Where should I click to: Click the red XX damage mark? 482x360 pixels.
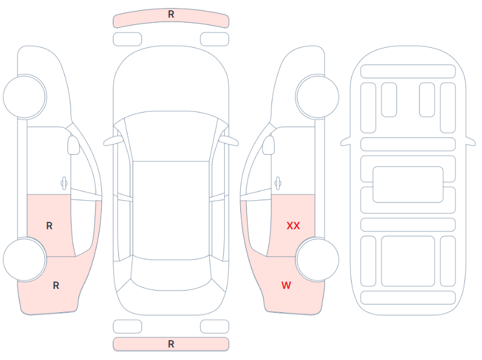293,226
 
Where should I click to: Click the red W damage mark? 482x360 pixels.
286,285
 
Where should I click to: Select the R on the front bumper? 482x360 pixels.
171,14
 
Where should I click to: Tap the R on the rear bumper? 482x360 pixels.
171,344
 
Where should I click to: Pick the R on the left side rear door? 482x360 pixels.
49,226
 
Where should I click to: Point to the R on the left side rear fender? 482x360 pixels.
56,285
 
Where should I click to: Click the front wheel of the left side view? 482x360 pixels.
25,97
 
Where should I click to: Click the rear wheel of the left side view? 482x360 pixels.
25,259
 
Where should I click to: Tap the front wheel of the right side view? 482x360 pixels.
317,97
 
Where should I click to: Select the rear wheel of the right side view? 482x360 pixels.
317,259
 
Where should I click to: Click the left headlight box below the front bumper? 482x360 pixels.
127,39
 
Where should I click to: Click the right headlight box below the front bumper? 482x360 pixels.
215,39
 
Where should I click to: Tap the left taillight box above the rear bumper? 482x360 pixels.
127,326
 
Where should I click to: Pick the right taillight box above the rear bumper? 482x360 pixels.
215,326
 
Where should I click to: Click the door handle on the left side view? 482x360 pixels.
64,183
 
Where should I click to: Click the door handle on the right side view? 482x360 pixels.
278,183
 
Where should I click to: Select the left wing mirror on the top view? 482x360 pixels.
113,140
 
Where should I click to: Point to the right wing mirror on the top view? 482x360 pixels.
229,140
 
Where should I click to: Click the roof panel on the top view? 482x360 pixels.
171,210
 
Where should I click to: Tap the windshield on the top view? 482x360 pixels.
171,136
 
